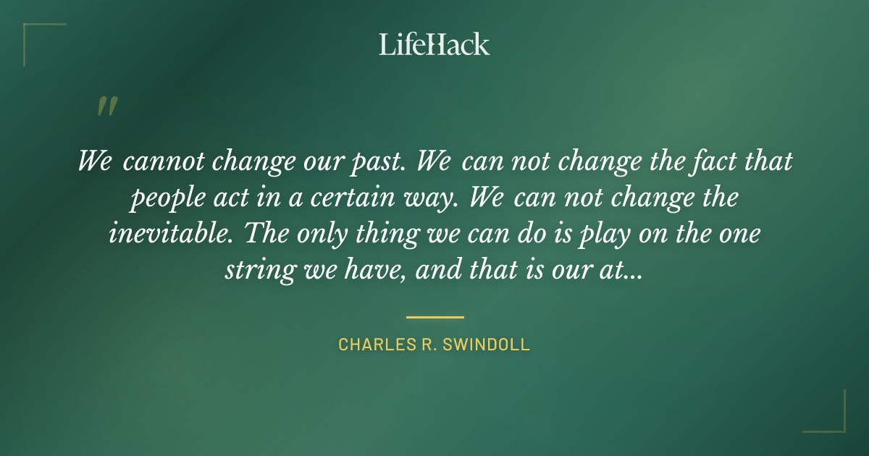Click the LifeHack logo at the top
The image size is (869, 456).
pyautogui.click(x=434, y=44)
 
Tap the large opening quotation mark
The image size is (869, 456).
pyautogui.click(x=106, y=107)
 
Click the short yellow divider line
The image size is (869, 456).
pyautogui.click(x=434, y=317)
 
